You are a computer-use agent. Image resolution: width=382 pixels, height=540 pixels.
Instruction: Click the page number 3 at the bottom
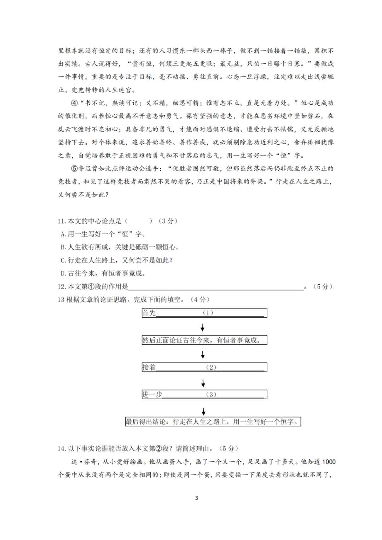click(x=197, y=498)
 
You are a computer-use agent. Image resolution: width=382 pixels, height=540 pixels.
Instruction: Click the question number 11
click(x=62, y=221)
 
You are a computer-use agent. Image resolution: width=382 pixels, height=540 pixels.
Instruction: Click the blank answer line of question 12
click(x=216, y=287)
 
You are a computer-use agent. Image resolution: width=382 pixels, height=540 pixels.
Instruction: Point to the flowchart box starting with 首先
click(x=204, y=313)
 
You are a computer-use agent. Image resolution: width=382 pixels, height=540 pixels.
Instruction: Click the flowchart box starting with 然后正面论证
click(x=204, y=340)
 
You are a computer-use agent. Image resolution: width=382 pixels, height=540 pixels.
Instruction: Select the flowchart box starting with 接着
click(x=204, y=367)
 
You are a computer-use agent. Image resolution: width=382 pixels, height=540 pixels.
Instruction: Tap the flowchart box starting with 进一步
click(x=204, y=394)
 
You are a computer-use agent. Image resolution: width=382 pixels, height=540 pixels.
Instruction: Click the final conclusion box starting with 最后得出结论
click(x=213, y=422)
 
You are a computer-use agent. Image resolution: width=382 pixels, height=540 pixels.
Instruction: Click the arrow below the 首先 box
click(x=202, y=327)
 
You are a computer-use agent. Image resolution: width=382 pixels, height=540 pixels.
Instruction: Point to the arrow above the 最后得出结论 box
click(x=203, y=411)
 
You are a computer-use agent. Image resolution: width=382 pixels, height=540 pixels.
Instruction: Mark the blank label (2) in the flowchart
click(x=211, y=367)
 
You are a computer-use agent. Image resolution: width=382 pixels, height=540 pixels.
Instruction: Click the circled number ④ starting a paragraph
click(x=74, y=103)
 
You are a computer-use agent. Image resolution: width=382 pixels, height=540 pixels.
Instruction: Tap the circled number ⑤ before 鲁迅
click(x=74, y=168)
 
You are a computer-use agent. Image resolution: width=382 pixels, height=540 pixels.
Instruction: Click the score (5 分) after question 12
click(x=323, y=286)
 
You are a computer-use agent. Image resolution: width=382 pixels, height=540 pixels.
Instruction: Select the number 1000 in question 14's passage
click(x=329, y=462)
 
